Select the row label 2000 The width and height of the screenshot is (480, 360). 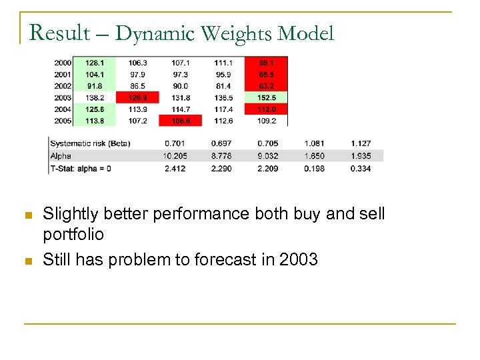point(64,62)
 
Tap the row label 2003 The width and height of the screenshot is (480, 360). point(64,97)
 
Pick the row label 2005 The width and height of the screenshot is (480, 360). point(64,121)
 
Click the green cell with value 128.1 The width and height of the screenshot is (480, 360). point(95,62)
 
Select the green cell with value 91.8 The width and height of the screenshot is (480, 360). point(95,86)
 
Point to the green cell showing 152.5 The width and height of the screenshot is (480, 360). point(267,97)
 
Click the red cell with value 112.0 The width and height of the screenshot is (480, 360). point(267,109)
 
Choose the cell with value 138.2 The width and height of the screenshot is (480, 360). point(95,97)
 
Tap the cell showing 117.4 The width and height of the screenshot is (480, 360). point(223,109)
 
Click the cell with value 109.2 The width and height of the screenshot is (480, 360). point(267,121)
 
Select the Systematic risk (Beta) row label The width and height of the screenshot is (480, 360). point(91,143)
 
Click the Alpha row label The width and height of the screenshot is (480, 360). point(61,156)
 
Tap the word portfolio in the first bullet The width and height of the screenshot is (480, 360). point(73,235)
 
